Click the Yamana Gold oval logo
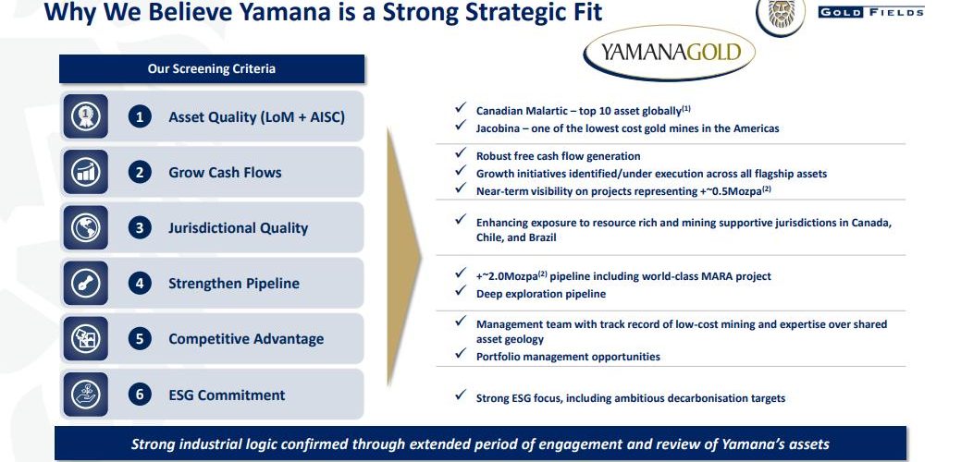click(669, 53)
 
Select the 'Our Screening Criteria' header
click(212, 68)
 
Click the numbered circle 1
click(140, 116)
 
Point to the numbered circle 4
click(140, 284)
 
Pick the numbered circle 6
click(140, 395)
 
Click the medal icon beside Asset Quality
click(85, 116)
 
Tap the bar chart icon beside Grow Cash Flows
click(85, 172)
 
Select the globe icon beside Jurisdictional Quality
click(85, 227)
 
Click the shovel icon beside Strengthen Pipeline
click(85, 284)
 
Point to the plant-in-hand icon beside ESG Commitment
click(85, 395)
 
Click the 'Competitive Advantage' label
click(246, 339)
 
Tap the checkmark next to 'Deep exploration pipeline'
click(461, 291)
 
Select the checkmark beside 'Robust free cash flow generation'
click(461, 153)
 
